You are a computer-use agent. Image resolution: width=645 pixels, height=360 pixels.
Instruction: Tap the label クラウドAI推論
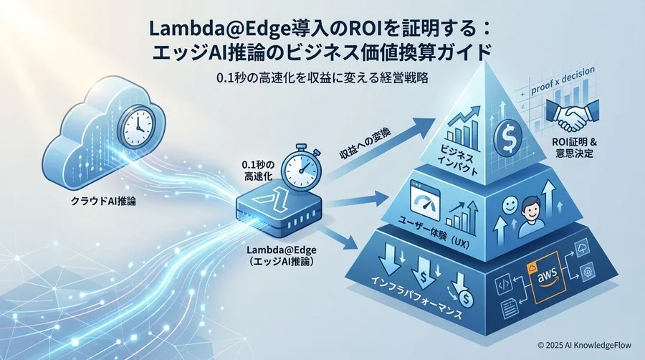click(x=103, y=202)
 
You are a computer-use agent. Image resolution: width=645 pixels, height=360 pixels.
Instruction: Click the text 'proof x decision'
click(x=563, y=82)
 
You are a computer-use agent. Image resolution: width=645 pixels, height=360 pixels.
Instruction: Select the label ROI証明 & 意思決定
click(x=575, y=148)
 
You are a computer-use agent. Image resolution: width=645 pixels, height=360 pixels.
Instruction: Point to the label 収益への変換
click(x=365, y=148)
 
